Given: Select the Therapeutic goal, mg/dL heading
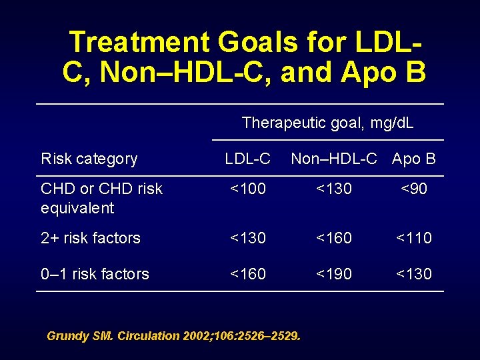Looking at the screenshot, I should (x=327, y=123).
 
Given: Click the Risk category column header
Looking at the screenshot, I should (x=89, y=159).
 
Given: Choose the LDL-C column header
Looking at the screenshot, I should (x=247, y=159).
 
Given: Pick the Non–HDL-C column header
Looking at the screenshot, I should (x=334, y=159).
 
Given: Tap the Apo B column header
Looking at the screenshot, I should (x=414, y=159).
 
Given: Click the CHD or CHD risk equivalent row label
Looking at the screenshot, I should (x=101, y=198).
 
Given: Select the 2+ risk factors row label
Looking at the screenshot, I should (x=91, y=238).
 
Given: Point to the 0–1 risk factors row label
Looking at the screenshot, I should (x=95, y=274).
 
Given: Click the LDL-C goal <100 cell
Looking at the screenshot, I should (x=247, y=189).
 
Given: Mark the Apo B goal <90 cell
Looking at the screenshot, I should (x=414, y=189).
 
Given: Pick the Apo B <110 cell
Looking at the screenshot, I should (x=414, y=238).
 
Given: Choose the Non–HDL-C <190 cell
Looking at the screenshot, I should (x=334, y=274).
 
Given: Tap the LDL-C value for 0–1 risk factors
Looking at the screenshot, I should (x=247, y=274).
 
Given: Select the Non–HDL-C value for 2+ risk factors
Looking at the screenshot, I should (x=334, y=238).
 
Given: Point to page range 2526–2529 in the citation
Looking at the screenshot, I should (x=265, y=336).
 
